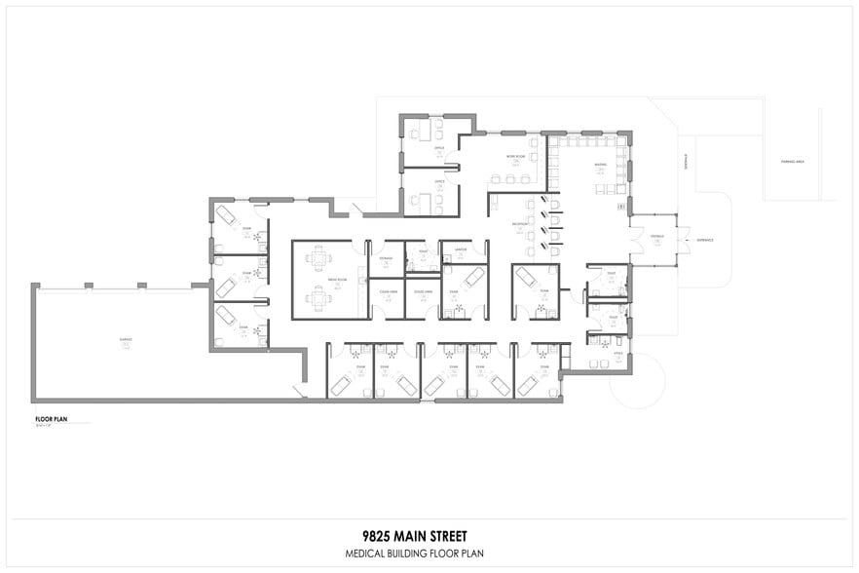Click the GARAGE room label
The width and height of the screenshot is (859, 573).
tap(126, 339)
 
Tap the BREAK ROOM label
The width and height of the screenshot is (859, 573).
tap(318, 279)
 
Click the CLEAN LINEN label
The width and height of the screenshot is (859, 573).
tap(387, 291)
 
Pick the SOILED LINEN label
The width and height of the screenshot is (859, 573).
tap(423, 291)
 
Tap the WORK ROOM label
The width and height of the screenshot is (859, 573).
tap(515, 157)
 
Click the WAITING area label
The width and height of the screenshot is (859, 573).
tap(601, 165)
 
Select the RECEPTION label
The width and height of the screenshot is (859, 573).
tap(521, 224)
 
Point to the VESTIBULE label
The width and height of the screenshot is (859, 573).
tap(656, 236)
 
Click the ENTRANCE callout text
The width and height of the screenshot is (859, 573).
tap(704, 240)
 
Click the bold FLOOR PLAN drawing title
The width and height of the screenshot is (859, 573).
tap(50, 418)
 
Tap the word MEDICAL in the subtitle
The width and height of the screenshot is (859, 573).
tap(368, 554)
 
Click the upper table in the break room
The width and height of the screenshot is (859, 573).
tap(318, 259)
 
